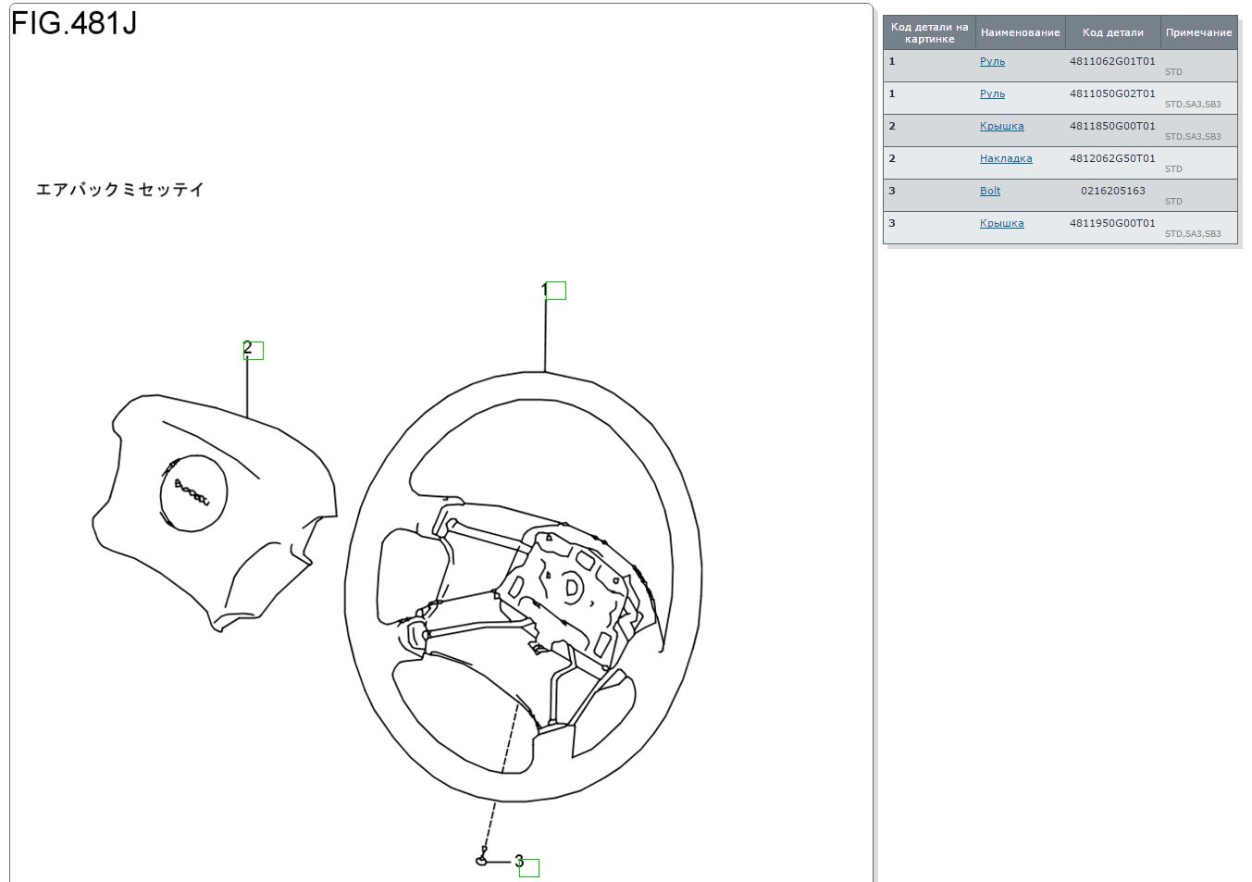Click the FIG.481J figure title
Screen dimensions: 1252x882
pyautogui.click(x=74, y=23)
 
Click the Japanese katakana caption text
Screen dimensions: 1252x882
pyautogui.click(x=119, y=190)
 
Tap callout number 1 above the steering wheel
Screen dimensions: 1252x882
pyautogui.click(x=544, y=290)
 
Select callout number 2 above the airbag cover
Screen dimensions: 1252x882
pyautogui.click(x=248, y=348)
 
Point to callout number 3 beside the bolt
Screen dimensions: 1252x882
pyautogui.click(x=519, y=861)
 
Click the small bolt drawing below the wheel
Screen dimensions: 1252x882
pyautogui.click(x=482, y=857)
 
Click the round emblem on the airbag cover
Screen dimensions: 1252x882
pyautogui.click(x=193, y=492)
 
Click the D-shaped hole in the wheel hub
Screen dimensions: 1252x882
pyautogui.click(x=572, y=588)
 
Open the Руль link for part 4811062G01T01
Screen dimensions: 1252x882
pyautogui.click(x=992, y=61)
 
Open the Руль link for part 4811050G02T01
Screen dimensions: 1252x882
pyautogui.click(x=992, y=93)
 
